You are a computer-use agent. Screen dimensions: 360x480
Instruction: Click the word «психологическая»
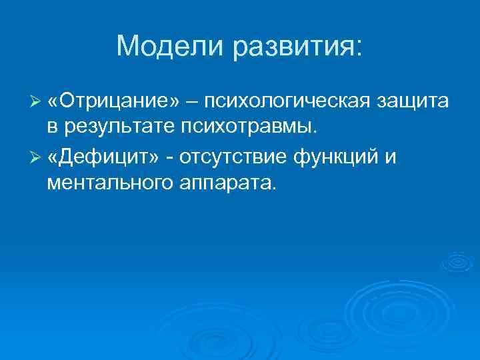(x=287, y=101)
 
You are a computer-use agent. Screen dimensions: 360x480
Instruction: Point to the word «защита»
(x=413, y=101)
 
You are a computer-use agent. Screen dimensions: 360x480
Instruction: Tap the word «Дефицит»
(x=106, y=157)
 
